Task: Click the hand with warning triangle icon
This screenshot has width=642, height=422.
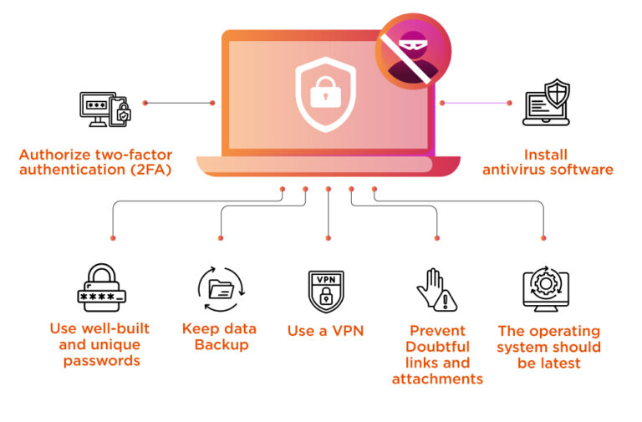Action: coord(436,290)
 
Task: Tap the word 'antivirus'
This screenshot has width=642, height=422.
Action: coord(515,170)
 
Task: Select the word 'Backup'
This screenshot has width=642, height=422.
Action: coord(221,344)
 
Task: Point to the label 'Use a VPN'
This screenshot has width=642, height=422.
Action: coord(325,331)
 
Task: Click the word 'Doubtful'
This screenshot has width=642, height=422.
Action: coord(437,347)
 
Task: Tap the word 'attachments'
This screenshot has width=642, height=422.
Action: coord(437,379)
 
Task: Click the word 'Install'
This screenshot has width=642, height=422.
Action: coord(546,155)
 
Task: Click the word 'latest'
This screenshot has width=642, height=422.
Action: coord(559,363)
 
